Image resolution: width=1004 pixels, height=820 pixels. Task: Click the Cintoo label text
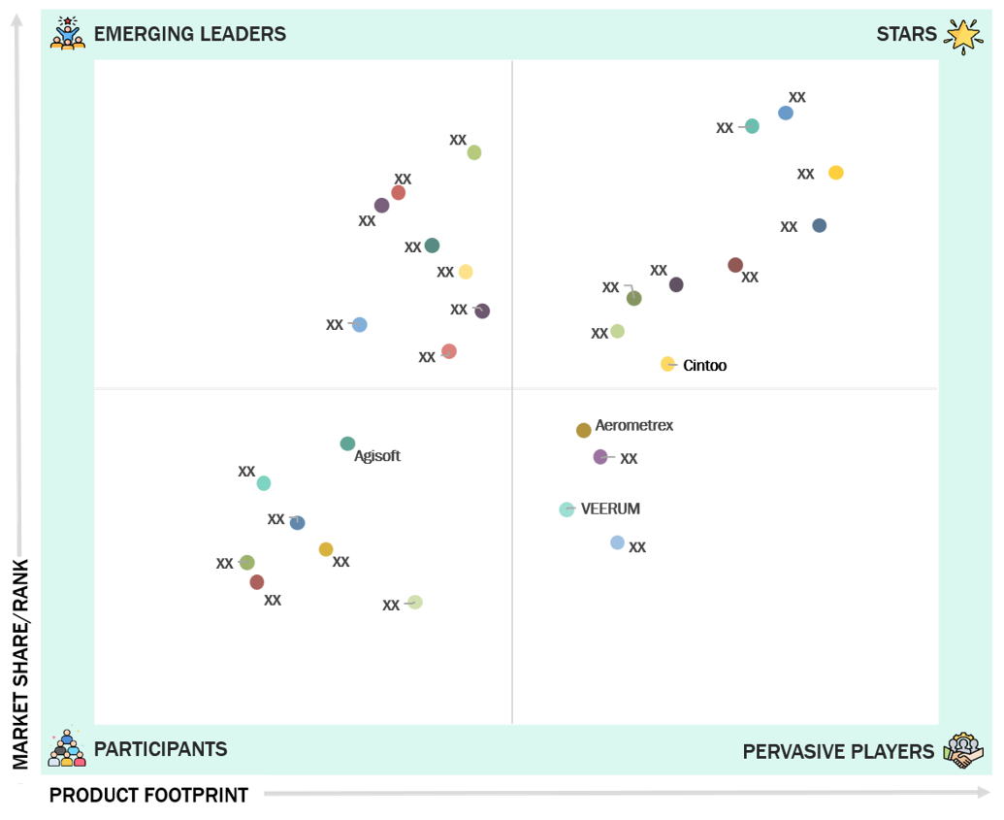tap(704, 365)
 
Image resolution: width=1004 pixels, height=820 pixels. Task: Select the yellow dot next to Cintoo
tap(667, 364)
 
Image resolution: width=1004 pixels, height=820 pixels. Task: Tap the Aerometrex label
tap(633, 425)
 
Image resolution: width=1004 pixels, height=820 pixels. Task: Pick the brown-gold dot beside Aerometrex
tap(583, 430)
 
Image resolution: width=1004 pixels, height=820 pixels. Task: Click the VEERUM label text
tap(610, 508)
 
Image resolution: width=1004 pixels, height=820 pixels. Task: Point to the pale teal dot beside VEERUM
tap(567, 509)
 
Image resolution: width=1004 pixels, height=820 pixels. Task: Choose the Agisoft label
tap(377, 456)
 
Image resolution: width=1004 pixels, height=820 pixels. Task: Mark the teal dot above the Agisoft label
tap(347, 443)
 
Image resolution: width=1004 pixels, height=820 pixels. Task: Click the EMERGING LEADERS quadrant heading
tap(190, 34)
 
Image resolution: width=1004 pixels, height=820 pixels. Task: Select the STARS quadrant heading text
tap(906, 34)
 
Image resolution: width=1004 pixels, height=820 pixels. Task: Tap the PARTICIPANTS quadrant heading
tap(161, 749)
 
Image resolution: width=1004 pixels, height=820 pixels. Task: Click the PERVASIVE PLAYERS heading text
tap(838, 751)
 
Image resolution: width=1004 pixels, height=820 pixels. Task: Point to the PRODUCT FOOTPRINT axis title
tap(148, 795)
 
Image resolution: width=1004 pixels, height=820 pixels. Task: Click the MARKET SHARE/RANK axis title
tap(20, 664)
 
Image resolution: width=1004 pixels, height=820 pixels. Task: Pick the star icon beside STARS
tap(963, 36)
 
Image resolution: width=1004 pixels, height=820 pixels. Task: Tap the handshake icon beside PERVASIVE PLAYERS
tap(963, 750)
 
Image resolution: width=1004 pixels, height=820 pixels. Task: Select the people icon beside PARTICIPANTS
tap(67, 747)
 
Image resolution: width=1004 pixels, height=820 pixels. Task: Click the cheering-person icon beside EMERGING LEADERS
tap(68, 33)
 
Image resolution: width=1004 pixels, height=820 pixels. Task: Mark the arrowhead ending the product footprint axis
tap(985, 793)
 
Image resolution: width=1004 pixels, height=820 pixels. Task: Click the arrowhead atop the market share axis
tap(17, 20)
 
